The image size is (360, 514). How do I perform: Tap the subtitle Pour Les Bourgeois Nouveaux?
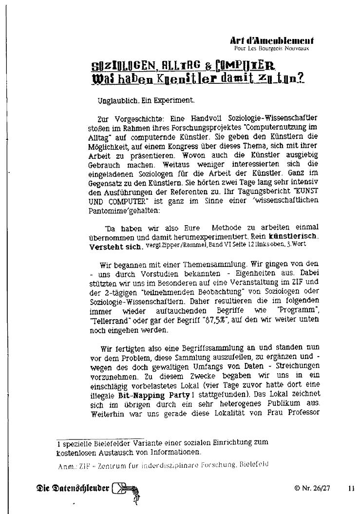click(x=271, y=49)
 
